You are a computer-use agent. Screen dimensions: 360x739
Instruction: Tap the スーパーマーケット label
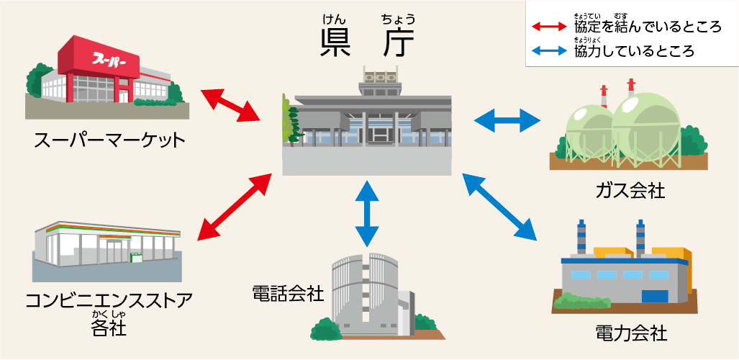(109, 139)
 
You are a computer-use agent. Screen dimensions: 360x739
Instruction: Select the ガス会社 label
(630, 190)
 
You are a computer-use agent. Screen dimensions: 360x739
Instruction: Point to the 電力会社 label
(631, 333)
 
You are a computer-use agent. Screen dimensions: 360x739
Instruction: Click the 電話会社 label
(288, 293)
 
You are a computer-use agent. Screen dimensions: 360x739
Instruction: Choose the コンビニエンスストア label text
(109, 300)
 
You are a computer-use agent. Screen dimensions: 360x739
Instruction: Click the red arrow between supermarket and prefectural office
(231, 104)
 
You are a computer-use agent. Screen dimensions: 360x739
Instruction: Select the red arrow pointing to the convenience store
(234, 206)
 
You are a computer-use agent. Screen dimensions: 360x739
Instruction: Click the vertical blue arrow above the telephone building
(367, 213)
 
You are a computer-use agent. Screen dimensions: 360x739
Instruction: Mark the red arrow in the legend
(550, 27)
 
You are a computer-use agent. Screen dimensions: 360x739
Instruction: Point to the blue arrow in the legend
(550, 51)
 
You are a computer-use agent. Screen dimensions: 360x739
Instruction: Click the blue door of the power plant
(654, 295)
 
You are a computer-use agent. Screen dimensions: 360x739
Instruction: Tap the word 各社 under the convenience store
(109, 328)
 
